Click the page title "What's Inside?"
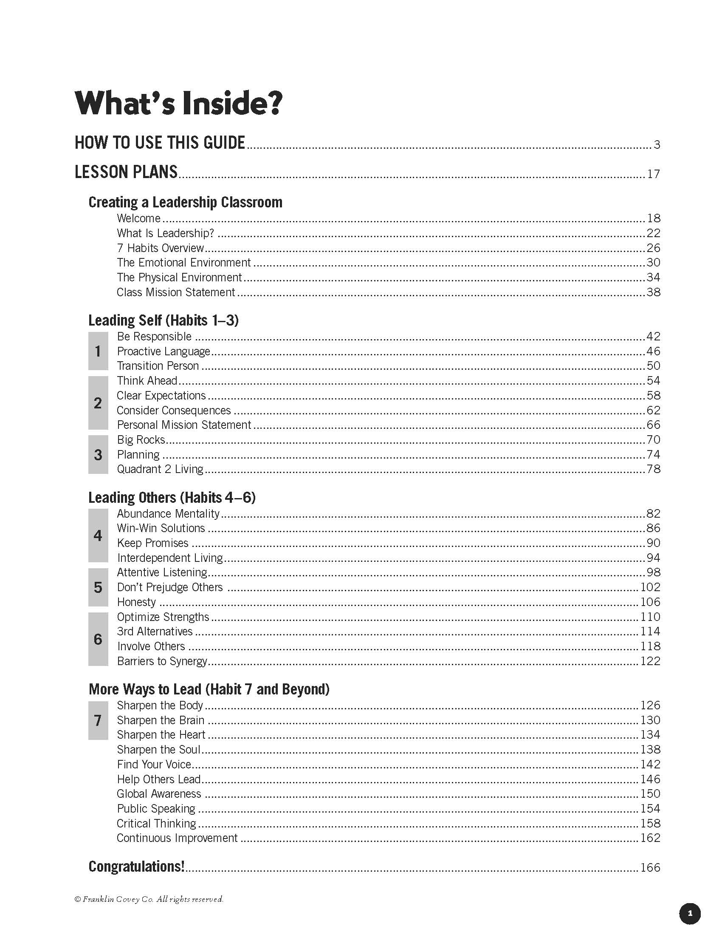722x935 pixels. pos(178,103)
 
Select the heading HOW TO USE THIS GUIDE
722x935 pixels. pos(160,142)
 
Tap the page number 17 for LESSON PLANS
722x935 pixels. pos(653,174)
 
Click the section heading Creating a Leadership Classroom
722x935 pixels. pos(185,202)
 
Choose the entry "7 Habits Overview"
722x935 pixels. pos(161,248)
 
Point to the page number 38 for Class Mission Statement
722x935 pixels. pos(653,292)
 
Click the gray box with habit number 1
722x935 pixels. pos(98,351)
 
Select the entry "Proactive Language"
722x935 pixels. pos(164,351)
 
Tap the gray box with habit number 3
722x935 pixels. pos(98,454)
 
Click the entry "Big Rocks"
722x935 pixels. pos(141,440)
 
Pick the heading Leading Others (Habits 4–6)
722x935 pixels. pos(172,498)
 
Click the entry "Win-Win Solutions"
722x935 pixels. pos(161,528)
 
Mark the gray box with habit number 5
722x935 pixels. pos(98,587)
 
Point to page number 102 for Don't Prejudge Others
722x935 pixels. pos(650,587)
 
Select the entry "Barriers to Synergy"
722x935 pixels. pos(162,661)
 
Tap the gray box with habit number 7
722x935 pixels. pos(98,720)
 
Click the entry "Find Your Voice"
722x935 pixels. pos(154,764)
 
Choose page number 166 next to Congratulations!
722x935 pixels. pos(650,867)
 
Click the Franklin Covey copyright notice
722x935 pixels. pos(149,899)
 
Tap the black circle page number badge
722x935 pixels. pos(689,914)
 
